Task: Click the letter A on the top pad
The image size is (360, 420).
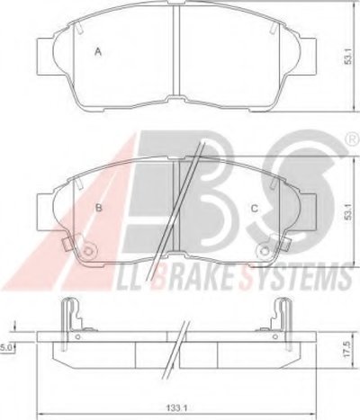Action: click(x=98, y=52)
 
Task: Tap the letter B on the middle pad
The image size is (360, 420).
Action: click(x=98, y=208)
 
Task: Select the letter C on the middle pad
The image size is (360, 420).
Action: click(x=255, y=209)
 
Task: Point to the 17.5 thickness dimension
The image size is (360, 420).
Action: click(x=347, y=349)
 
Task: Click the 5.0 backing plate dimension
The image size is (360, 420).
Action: click(x=7, y=348)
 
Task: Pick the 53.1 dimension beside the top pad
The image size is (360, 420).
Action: click(x=347, y=56)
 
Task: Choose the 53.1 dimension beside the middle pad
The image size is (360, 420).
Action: click(x=347, y=211)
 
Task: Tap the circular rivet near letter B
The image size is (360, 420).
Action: click(x=89, y=250)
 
